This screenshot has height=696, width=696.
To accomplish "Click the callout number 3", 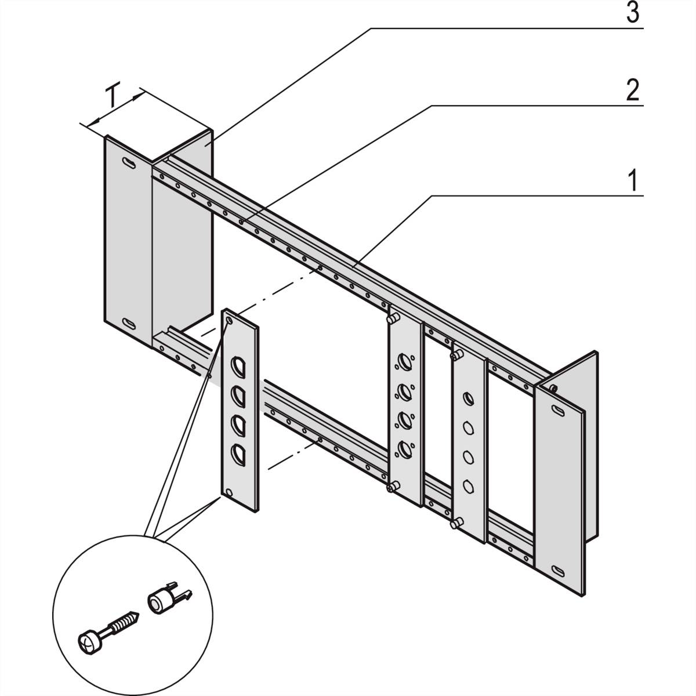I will pyautogui.click(x=632, y=14).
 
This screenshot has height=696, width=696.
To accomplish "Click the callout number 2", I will pyautogui.click(x=632, y=92).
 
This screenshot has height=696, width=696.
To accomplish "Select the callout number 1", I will pyautogui.click(x=633, y=182).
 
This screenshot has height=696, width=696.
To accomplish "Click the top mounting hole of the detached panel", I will pyautogui.click(x=230, y=320).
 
